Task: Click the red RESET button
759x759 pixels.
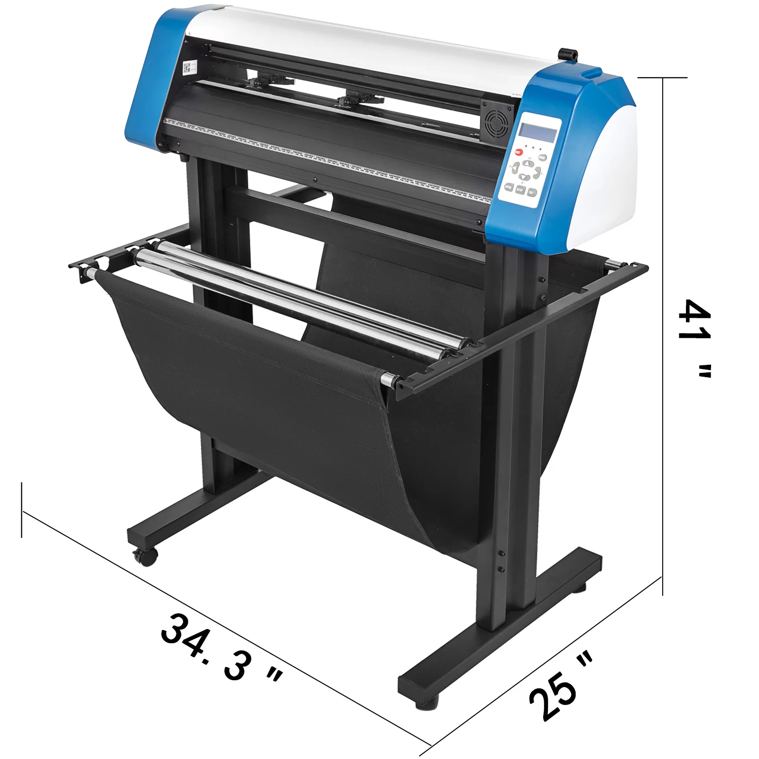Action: [518, 152]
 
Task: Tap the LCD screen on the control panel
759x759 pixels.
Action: [538, 132]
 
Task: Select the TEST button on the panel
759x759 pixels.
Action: [532, 193]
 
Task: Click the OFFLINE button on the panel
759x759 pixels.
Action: [509, 187]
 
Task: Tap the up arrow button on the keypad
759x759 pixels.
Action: [528, 164]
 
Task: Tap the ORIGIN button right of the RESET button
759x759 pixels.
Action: [543, 157]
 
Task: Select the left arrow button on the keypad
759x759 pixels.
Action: [515, 168]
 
